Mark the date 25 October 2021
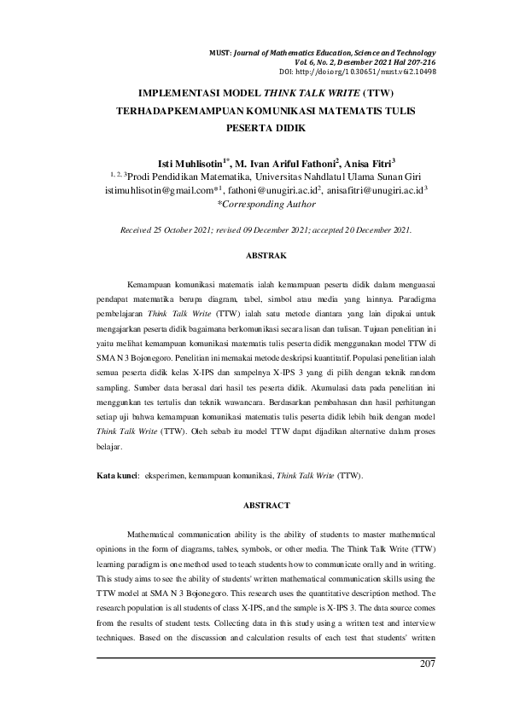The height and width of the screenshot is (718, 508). (x=179, y=229)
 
